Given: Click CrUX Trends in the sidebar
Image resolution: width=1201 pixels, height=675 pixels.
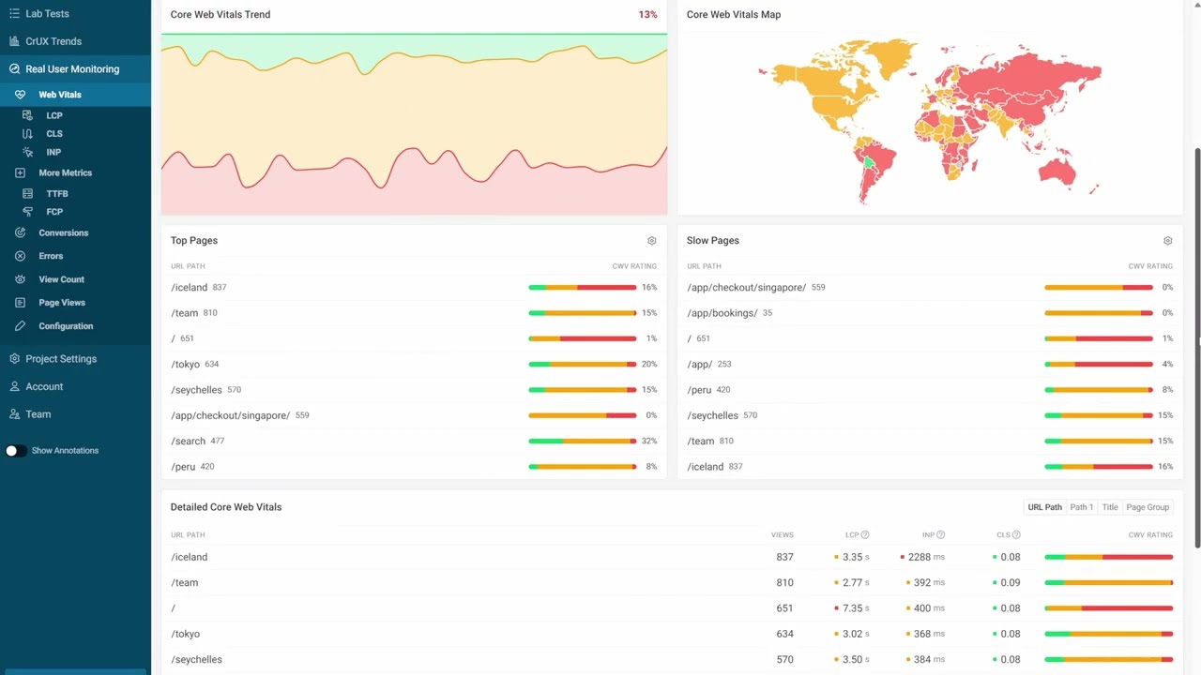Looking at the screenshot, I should pos(53,41).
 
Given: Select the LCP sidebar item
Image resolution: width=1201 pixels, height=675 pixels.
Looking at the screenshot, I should pos(54,115).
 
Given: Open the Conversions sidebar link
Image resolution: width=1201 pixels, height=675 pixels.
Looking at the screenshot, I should pos(63,232).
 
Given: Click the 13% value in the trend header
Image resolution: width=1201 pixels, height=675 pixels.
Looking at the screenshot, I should pos(647,15).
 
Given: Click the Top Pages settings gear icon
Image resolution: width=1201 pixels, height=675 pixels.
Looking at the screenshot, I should pos(652,241).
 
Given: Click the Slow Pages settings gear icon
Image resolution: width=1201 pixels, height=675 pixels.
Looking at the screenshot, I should pos(1167,241).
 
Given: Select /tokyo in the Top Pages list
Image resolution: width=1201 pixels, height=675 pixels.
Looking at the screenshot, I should pos(186,364).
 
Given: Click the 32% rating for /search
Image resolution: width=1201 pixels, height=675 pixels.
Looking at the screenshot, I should pos(648,441).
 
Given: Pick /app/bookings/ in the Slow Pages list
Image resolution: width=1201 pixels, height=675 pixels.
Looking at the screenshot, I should pos(722,313).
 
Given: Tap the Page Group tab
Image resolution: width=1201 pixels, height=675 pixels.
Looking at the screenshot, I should pos(1148,507).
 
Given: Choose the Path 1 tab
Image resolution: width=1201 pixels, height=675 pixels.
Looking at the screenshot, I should pos(1081,507).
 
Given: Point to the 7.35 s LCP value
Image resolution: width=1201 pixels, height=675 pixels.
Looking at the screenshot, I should pos(852,608).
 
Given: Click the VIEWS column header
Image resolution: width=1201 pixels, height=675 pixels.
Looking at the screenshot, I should pos(782,535).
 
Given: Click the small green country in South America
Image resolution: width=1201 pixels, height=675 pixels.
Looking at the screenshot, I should pos(869,163).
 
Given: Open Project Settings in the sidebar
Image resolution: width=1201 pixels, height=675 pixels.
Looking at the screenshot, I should pos(61,359).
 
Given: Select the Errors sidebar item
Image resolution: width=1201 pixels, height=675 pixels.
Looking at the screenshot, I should pos(51,256).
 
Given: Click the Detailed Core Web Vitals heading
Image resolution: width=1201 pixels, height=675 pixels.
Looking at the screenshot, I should pos(226,507).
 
